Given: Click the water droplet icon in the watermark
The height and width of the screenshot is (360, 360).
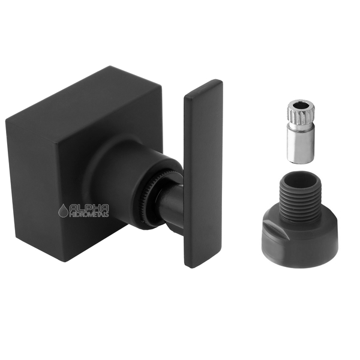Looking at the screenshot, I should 63,210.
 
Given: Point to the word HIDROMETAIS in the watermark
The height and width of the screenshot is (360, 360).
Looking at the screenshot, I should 88,214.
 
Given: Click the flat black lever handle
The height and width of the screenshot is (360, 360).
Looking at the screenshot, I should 203,174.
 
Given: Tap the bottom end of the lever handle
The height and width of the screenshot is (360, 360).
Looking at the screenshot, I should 202,261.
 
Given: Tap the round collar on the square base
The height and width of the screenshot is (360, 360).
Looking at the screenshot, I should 114,174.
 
